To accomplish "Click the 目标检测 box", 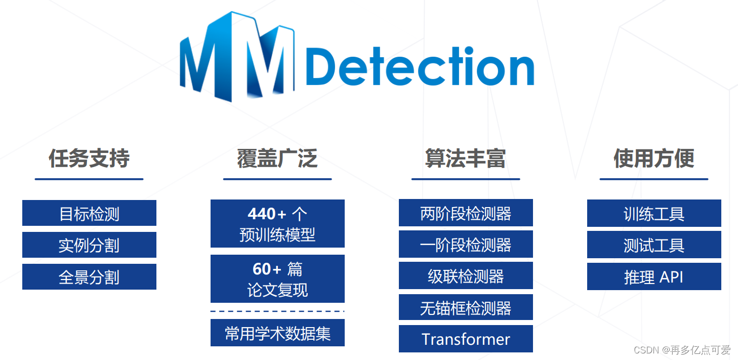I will (x=89, y=213).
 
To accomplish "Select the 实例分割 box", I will (x=89, y=245).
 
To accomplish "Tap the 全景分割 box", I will (x=89, y=277).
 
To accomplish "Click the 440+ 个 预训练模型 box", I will (x=277, y=223).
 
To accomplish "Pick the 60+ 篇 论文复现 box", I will (x=277, y=278).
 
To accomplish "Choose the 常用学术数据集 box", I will (x=277, y=333).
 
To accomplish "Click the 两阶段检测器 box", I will (x=466, y=213).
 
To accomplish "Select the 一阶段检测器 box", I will (x=466, y=244).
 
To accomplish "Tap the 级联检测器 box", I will (x=466, y=275).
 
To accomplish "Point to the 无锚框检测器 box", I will (x=466, y=307).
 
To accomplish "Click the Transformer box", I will (x=466, y=339).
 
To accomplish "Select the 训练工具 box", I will (x=654, y=213).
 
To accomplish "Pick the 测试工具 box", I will (x=654, y=245).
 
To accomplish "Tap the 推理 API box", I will (x=654, y=276).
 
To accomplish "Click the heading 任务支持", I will (x=89, y=158).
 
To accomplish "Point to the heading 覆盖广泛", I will (x=277, y=158).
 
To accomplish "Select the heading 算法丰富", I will (x=466, y=158).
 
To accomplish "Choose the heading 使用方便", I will (x=654, y=158).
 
